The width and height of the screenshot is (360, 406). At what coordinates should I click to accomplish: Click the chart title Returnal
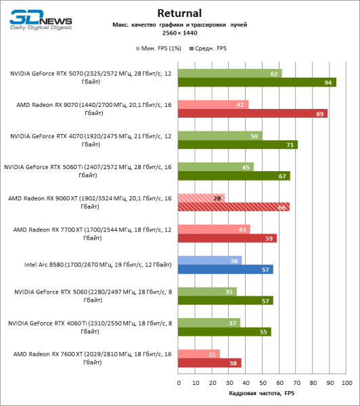click(x=179, y=13)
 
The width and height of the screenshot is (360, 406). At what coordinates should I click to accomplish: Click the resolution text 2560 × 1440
click(x=179, y=32)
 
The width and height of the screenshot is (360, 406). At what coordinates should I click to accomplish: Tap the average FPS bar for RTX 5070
click(x=256, y=83)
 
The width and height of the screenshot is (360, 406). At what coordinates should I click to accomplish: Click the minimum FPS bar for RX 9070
click(x=212, y=104)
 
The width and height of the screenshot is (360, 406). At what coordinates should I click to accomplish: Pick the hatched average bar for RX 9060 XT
click(x=233, y=207)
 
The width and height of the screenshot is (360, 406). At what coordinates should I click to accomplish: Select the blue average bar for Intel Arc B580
click(x=225, y=269)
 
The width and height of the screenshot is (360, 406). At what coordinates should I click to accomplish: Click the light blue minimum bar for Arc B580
click(x=209, y=260)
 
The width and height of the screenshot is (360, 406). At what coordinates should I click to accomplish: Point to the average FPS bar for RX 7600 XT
click(x=209, y=363)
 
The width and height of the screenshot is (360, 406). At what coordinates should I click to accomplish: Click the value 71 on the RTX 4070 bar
click(x=290, y=145)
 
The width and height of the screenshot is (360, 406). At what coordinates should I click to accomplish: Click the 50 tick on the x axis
click(x=263, y=382)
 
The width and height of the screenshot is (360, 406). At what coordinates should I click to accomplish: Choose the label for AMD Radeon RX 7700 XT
click(x=89, y=233)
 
